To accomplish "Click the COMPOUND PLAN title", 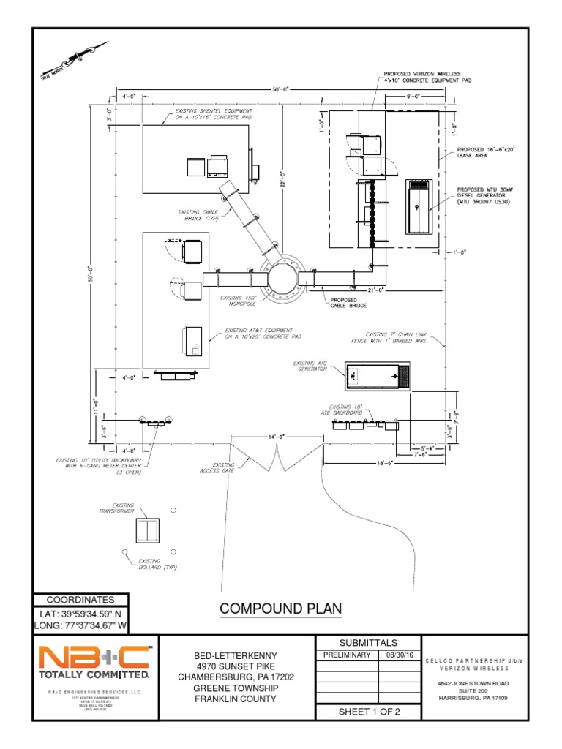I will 280,609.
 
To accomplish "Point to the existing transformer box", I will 149,529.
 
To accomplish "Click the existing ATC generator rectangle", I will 378,375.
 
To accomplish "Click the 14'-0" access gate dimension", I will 277,437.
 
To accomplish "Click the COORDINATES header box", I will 81,599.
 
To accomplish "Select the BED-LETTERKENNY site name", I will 235,655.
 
